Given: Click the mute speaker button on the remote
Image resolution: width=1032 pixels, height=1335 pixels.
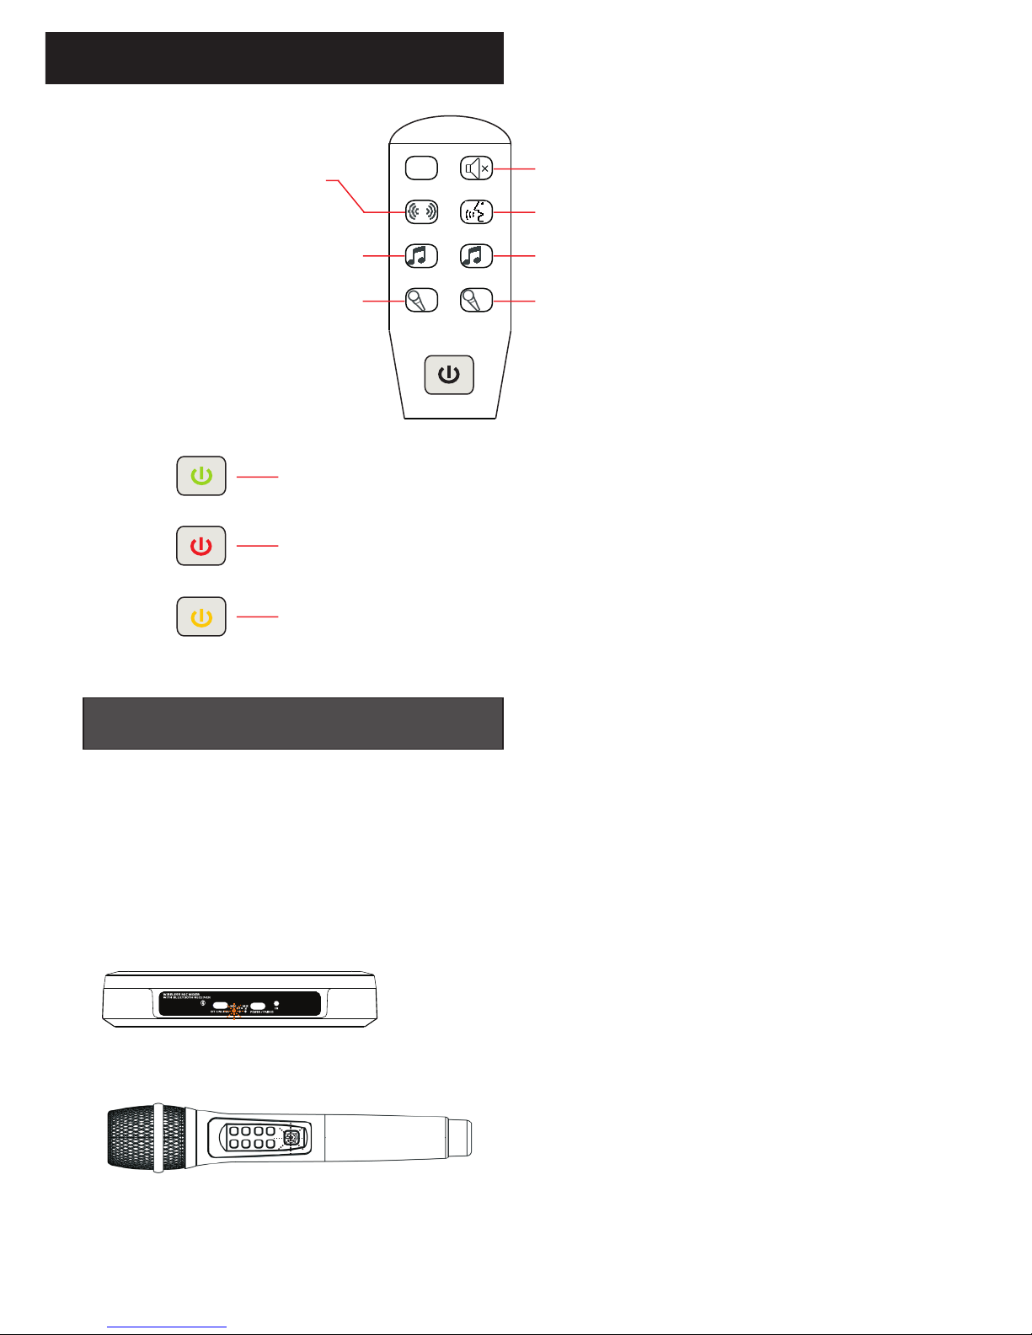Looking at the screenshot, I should click(x=477, y=168).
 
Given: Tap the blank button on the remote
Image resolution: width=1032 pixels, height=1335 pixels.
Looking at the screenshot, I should click(x=421, y=168).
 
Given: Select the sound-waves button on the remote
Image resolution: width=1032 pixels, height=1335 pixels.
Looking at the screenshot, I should click(x=421, y=211).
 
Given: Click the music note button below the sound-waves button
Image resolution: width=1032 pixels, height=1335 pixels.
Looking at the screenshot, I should click(x=421, y=255).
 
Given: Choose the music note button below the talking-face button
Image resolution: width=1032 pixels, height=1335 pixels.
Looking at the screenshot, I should click(x=477, y=255).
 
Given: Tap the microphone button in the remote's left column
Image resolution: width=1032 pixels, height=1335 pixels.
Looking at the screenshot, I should click(x=421, y=300).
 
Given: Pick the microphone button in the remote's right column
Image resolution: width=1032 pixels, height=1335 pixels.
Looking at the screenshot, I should click(x=477, y=300).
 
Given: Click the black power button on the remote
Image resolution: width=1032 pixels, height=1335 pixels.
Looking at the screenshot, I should click(x=449, y=375).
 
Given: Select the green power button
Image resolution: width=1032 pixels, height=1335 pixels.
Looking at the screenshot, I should click(x=201, y=476).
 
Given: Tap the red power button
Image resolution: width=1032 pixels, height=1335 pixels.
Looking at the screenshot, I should click(x=201, y=546).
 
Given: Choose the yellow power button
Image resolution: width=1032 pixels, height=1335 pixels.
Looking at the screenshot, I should click(x=201, y=617).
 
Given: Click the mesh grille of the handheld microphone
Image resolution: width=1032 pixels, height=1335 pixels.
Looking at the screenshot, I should click(x=131, y=1137).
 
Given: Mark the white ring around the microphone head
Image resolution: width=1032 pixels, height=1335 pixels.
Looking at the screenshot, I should click(x=158, y=1137).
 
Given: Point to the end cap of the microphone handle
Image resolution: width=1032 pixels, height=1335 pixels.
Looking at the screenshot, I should click(x=459, y=1137).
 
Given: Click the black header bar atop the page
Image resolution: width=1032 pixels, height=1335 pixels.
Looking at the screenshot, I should click(x=274, y=58).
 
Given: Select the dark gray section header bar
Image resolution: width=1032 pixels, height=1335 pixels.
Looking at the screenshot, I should click(x=292, y=723).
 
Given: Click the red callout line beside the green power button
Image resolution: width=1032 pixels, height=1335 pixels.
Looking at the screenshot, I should click(x=257, y=477).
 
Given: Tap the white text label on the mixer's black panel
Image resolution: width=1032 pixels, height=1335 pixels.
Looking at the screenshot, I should click(x=190, y=997).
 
